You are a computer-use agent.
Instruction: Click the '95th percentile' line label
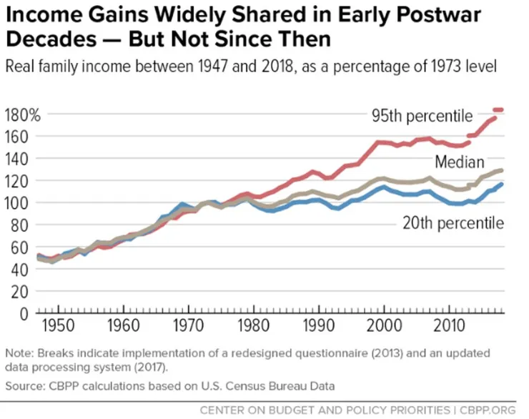[x=422, y=115]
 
